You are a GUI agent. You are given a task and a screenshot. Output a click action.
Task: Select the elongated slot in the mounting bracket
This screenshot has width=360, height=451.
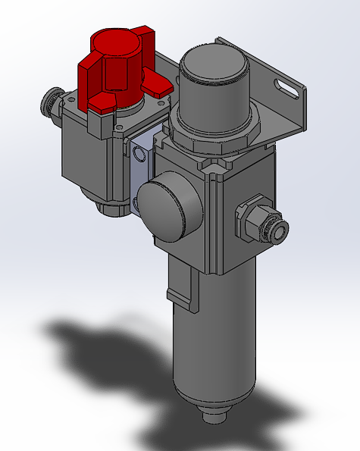[x=286, y=87]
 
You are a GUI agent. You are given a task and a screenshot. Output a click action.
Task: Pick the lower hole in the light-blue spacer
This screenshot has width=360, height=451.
[x=136, y=201]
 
